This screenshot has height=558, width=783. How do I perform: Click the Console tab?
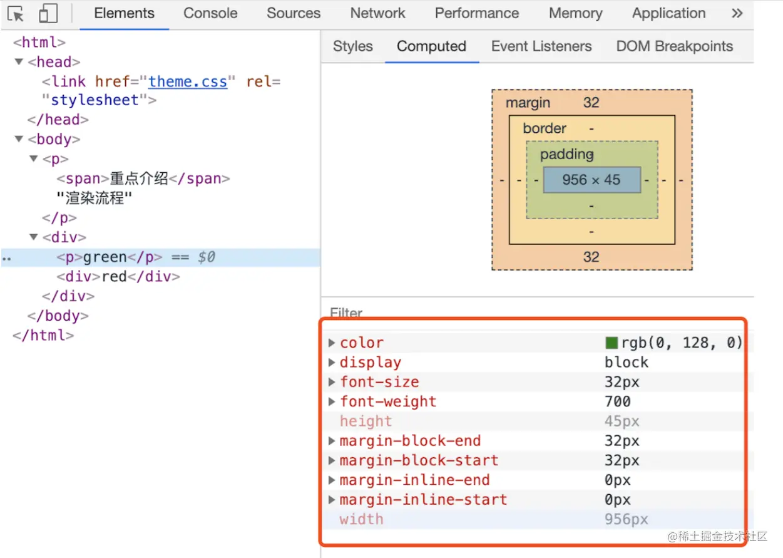[x=210, y=13]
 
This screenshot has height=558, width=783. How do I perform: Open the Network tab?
[x=377, y=13]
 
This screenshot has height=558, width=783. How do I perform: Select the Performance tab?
[x=477, y=13]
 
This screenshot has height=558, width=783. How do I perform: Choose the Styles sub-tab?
[x=352, y=46]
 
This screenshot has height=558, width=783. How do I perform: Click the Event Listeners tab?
[x=541, y=46]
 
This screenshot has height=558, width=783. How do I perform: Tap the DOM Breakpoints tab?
[x=674, y=46]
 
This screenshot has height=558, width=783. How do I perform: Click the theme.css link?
[x=188, y=81]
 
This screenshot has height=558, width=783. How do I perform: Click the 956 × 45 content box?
[x=591, y=180]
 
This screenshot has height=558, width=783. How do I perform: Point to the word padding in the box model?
[x=567, y=154]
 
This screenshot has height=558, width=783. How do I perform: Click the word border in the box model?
[x=545, y=128]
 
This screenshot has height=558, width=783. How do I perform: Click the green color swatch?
[x=612, y=343]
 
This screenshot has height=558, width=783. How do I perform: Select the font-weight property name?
[x=388, y=401]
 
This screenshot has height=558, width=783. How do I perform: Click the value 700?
[x=618, y=401]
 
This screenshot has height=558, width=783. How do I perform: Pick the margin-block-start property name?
[x=419, y=460]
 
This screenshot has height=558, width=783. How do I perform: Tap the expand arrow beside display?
[x=332, y=363]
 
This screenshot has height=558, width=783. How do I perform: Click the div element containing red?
[x=118, y=276]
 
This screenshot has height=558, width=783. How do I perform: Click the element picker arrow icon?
[x=16, y=14]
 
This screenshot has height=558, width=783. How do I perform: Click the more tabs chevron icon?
[x=737, y=13]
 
